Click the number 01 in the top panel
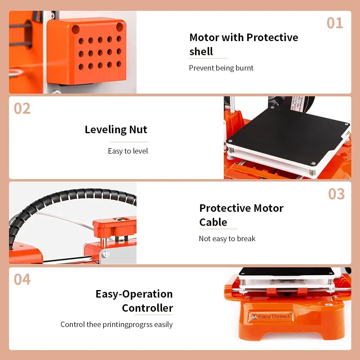tap(334, 23)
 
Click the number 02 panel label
tap(22, 109)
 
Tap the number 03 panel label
tap(336, 194)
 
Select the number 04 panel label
tap(22, 280)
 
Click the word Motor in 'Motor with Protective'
tap(204, 37)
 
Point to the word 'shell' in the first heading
tap(201, 52)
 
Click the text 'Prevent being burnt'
tap(221, 68)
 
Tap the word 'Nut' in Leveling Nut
tap(138, 130)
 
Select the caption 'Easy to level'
tap(128, 151)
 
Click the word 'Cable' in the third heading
tap(213, 222)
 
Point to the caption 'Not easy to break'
tap(227, 239)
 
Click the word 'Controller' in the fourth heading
tap(147, 308)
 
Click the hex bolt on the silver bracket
tap(106, 254)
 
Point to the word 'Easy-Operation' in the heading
tap(134, 294)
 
